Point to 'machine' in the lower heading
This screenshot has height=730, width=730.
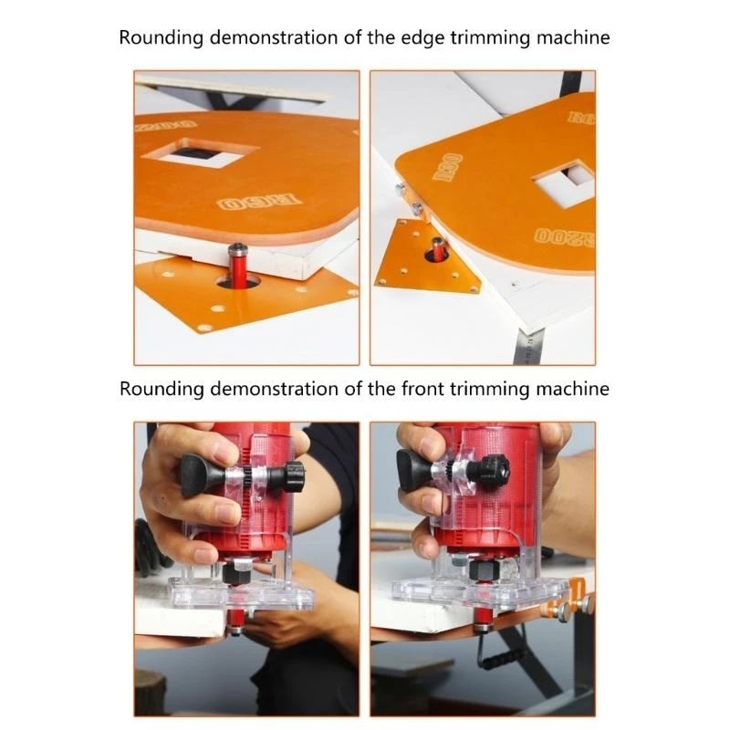point(570,389)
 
